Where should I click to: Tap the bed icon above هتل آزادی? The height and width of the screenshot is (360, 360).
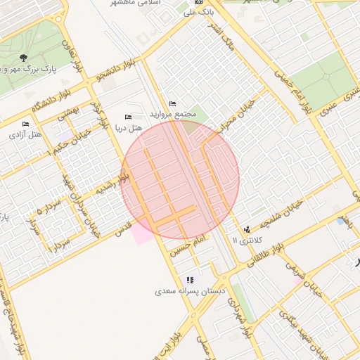(26, 124)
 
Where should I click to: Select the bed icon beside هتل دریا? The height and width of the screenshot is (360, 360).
(128, 117)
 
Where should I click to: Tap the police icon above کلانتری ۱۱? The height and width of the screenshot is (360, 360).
(247, 230)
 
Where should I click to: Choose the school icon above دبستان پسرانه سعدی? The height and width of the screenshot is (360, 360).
(190, 280)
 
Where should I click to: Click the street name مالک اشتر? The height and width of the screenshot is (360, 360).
(239, 37)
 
